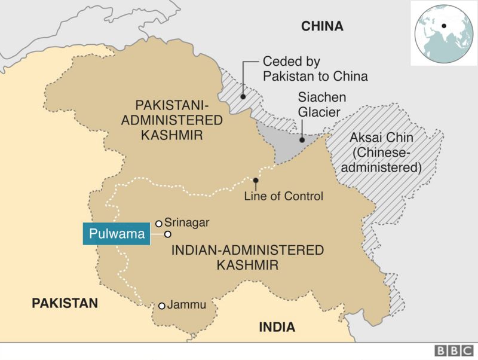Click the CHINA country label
(322, 26)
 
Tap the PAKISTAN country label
(65, 303)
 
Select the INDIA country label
(277, 327)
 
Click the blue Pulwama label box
(114, 234)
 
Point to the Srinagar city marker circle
(159, 224)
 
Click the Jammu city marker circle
(161, 306)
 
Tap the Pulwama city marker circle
(168, 234)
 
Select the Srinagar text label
(186, 222)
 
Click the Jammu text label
(186, 305)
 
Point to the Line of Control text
(283, 196)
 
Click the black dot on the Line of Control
(256, 180)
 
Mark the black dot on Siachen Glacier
(302, 139)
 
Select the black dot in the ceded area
(243, 95)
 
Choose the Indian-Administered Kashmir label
(247, 257)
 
